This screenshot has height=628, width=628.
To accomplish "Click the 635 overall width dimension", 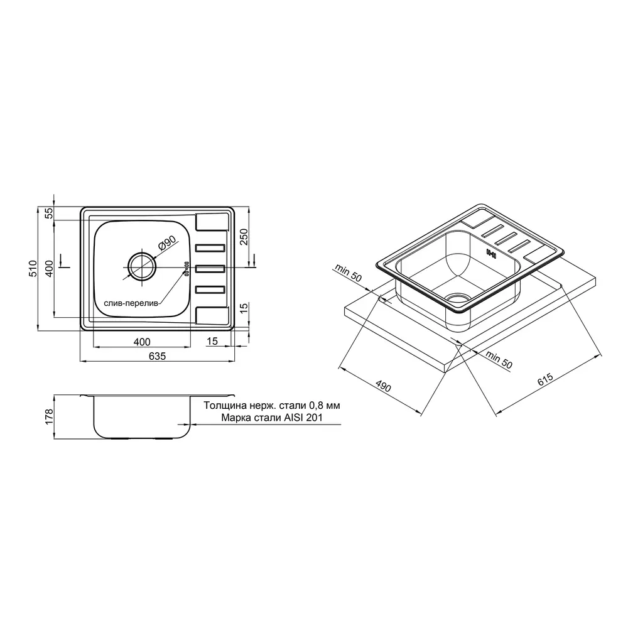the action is click(157, 355).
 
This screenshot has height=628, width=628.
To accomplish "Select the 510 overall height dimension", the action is click(33, 268).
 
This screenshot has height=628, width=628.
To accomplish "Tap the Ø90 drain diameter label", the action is click(167, 242).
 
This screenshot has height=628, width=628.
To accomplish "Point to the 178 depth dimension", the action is click(49, 417).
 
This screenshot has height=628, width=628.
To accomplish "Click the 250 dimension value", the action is click(244, 237).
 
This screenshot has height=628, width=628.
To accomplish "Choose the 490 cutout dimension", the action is click(383, 386).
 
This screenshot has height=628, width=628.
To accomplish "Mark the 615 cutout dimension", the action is click(545, 379).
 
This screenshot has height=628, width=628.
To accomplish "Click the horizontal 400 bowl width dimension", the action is click(142, 342).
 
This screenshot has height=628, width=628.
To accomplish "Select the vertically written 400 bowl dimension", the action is click(49, 268).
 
